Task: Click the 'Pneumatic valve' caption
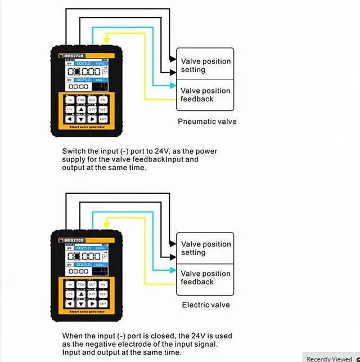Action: (207, 122)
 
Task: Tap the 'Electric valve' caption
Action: (206, 305)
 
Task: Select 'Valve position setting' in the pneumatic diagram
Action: (205, 65)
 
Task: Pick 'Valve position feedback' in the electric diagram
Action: (205, 278)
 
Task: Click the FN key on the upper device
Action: (103, 100)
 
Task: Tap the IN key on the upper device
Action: (70, 100)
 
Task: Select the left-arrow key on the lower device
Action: (70, 303)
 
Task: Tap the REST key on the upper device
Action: (103, 109)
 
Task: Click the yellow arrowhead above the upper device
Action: (107, 41)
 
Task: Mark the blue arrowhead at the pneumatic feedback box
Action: (173, 86)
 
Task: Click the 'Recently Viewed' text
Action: (329, 359)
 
